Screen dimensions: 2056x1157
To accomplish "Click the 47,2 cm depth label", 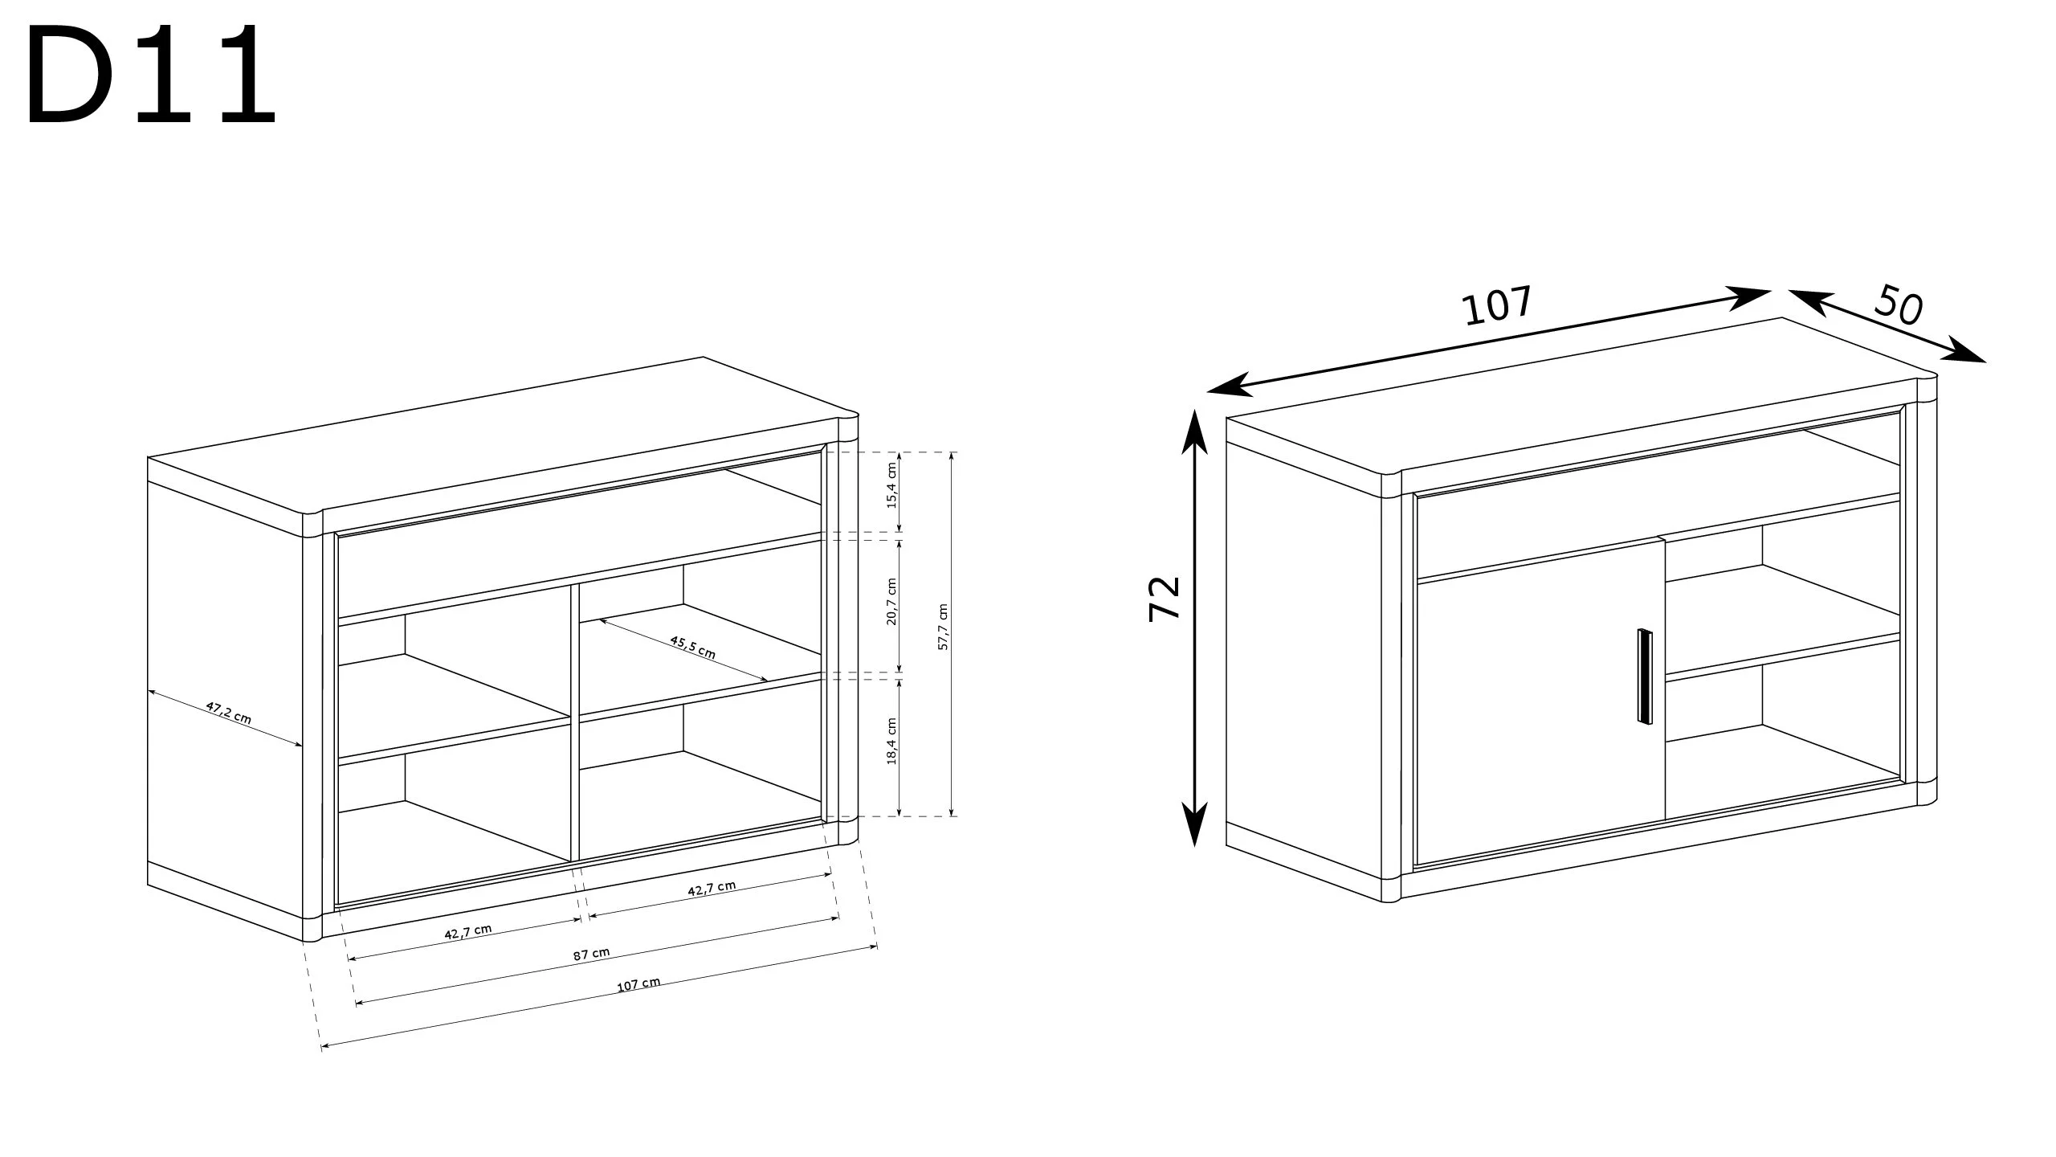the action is (x=229, y=713).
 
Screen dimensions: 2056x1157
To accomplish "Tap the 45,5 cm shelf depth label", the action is (x=692, y=647).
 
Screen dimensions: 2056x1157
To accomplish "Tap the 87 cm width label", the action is (x=591, y=954).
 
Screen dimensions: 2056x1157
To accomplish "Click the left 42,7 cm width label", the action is (x=467, y=931).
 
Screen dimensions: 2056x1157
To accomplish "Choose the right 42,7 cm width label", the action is (x=712, y=888).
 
